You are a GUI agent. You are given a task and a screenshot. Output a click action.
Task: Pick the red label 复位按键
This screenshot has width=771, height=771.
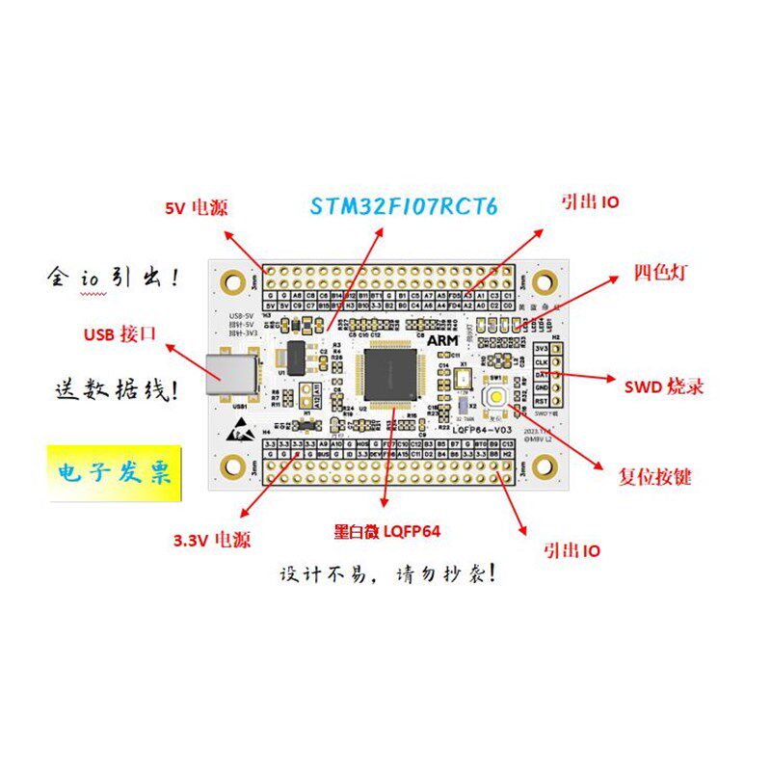coord(654,476)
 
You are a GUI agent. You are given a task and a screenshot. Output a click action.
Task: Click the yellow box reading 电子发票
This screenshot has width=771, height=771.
coord(115,474)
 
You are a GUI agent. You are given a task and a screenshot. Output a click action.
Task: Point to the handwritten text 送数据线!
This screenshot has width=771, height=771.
coord(115,391)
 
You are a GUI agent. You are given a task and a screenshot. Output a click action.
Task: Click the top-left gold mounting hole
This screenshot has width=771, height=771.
coord(232,281)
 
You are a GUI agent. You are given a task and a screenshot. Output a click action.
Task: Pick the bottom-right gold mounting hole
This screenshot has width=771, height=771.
coord(545,468)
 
